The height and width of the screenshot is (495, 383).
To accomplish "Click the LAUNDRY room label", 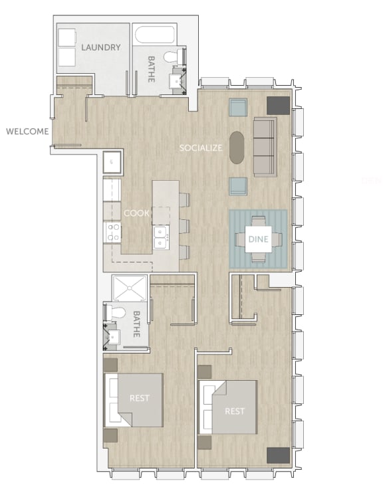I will click(101, 47).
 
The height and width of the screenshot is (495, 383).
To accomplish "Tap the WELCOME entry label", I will click(27, 131).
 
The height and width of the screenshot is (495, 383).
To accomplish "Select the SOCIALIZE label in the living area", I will click(201, 148).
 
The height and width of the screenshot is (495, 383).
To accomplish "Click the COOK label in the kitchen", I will click(136, 213).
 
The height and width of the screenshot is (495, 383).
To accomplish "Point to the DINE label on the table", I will click(257, 239).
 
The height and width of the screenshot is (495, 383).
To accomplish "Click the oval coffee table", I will click(237, 147).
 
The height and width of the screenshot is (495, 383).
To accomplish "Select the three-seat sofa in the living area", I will click(264, 146).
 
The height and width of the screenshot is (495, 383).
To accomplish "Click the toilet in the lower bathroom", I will click(117, 312).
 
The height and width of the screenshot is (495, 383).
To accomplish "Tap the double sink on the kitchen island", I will click(160, 237).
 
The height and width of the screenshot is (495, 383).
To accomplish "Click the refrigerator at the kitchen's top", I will click(111, 161).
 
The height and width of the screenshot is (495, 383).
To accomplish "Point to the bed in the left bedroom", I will click(136, 399).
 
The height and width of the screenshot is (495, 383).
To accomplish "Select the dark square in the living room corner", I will click(278, 105).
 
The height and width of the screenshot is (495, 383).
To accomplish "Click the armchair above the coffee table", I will click(238, 108).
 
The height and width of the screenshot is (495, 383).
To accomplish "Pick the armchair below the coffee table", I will click(238, 186).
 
